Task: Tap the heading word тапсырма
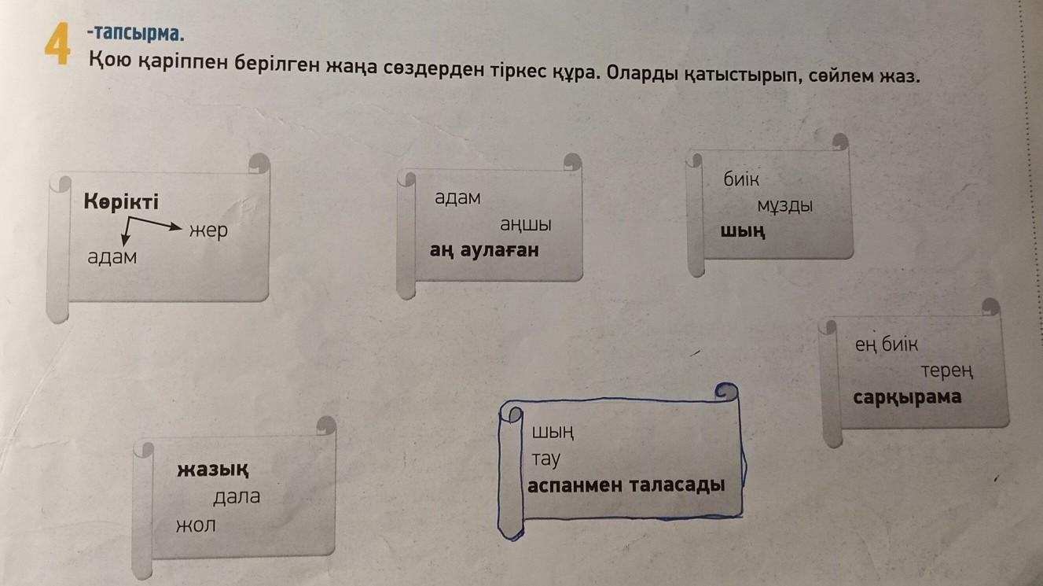(138, 34)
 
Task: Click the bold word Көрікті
(121, 202)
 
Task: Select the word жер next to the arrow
(207, 230)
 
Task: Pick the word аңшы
(526, 224)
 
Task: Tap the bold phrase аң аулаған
(484, 250)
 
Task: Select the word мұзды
(784, 206)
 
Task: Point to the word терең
(948, 370)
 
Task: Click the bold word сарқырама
(906, 396)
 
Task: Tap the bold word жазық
(214, 470)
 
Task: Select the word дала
(237, 498)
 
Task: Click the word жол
(196, 524)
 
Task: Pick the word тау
(545, 459)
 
